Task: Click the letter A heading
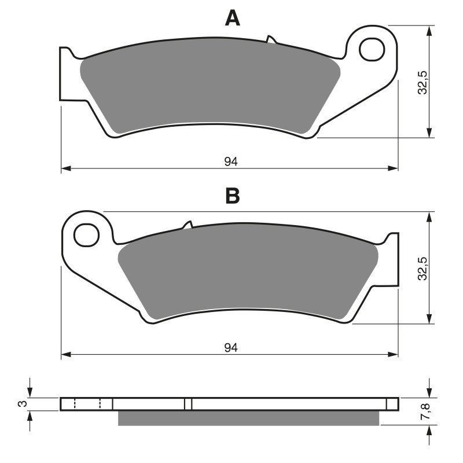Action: click(232, 19)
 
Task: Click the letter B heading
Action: click(232, 196)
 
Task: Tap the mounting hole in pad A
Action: click(372, 50)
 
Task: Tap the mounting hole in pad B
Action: click(87, 235)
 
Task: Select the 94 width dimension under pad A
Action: click(231, 161)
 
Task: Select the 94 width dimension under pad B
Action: click(231, 347)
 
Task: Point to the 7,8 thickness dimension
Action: click(425, 411)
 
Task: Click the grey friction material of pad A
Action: click(208, 87)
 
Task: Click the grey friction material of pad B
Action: click(249, 275)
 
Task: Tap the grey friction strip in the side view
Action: click(249, 418)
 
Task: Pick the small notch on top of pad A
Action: click(270, 40)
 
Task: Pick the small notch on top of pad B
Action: click(188, 225)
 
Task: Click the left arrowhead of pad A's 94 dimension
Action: click(65, 168)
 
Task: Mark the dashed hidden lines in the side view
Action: click(87, 404)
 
